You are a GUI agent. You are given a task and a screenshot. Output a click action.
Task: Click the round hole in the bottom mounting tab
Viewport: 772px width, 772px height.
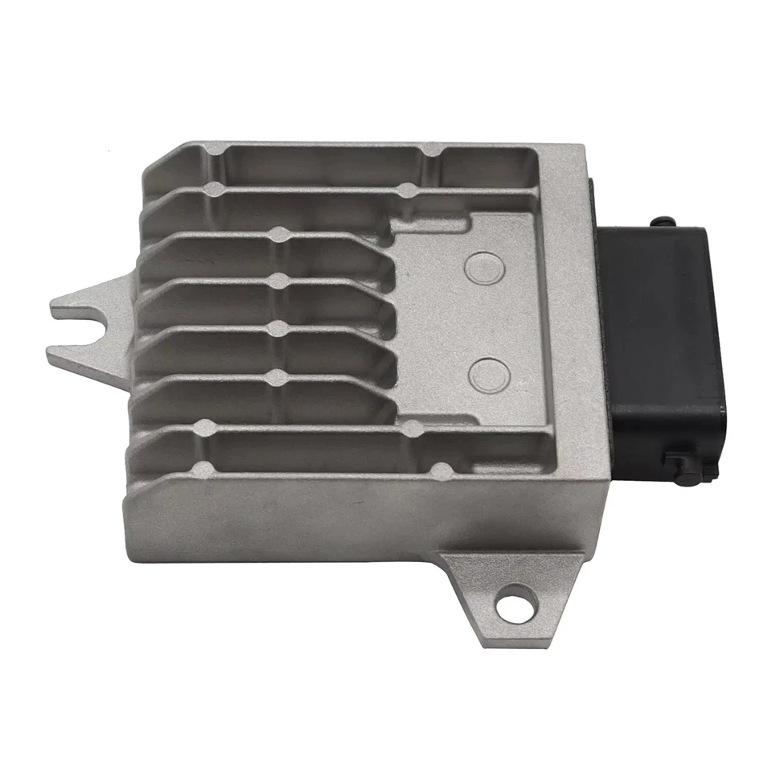pyautogui.click(x=508, y=606)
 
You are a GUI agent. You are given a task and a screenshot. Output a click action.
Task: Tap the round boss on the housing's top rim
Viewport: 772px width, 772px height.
pyautogui.click(x=432, y=150)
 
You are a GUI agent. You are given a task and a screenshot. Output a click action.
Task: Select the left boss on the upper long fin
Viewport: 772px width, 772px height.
pyautogui.click(x=214, y=188)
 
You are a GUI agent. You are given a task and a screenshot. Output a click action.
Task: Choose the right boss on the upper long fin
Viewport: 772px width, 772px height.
pyautogui.click(x=407, y=191)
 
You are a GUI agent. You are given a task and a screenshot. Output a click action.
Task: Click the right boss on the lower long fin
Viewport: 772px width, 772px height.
pyautogui.click(x=412, y=429)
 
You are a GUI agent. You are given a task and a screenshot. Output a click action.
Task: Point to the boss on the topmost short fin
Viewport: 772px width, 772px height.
pyautogui.click(x=279, y=235)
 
